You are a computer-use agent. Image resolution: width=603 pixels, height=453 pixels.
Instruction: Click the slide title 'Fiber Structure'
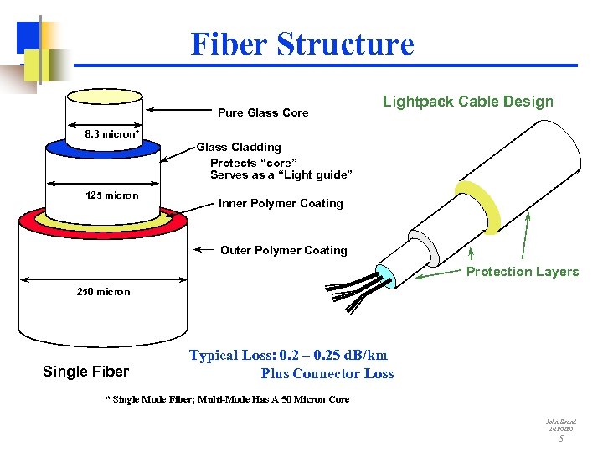[301, 44]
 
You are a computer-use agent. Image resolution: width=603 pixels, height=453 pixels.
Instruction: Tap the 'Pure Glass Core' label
[263, 112]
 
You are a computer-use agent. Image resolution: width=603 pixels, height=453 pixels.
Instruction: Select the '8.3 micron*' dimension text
[112, 133]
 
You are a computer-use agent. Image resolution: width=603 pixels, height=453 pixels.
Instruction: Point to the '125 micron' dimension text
[112, 195]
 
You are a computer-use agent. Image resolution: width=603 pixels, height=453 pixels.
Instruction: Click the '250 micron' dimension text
[103, 292]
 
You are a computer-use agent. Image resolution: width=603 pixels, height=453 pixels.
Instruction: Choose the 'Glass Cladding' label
[239, 147]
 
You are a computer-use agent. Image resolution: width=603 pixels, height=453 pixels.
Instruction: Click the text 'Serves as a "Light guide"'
[281, 174]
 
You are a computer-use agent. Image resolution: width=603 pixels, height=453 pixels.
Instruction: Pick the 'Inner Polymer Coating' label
[281, 203]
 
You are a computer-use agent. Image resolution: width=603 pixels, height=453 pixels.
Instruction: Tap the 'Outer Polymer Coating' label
[283, 250]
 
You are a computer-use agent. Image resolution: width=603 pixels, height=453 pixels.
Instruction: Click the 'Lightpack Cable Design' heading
[467, 102]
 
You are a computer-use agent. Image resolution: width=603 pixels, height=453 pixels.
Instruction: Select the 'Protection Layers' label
[523, 271]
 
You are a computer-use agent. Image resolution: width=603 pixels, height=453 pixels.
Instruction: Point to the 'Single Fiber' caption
[85, 372]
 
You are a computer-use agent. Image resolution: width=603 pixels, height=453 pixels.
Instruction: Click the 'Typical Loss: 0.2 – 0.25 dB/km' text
[288, 355]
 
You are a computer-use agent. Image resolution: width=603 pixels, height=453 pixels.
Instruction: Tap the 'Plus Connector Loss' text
[327, 374]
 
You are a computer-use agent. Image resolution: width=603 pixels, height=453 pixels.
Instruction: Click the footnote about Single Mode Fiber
[227, 399]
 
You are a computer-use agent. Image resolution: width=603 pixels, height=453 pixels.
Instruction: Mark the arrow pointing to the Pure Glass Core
[176, 111]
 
